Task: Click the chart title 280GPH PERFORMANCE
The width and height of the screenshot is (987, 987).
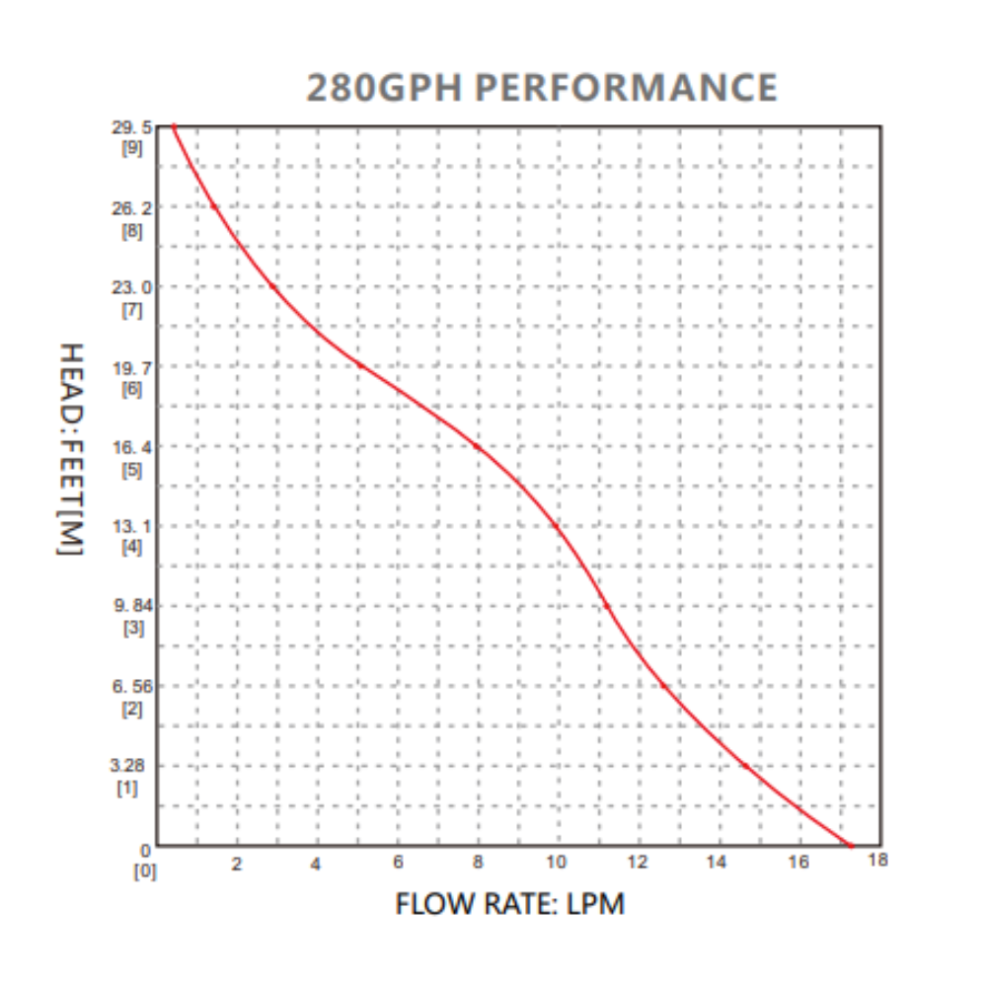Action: [541, 88]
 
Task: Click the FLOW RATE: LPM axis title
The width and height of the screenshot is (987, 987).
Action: [509, 903]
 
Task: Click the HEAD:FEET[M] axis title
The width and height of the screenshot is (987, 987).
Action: [68, 449]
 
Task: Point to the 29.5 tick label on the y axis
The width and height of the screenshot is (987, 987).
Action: [133, 127]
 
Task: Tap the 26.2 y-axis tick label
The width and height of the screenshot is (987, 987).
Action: [133, 208]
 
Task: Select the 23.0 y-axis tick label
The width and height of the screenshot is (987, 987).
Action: [133, 287]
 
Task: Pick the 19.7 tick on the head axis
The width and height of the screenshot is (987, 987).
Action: [133, 367]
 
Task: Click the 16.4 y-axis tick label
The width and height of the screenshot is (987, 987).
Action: [133, 447]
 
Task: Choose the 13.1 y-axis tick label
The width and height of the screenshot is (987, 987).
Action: [133, 526]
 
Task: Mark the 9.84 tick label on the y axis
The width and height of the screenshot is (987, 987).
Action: [133, 606]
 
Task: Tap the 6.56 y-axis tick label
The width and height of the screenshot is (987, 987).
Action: [133, 686]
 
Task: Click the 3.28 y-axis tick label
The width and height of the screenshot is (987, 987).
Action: [133, 765]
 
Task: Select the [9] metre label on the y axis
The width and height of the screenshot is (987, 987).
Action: [131, 149]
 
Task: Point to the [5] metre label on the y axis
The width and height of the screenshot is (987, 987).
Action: [131, 469]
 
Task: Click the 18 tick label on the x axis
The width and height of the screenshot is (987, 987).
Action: [877, 860]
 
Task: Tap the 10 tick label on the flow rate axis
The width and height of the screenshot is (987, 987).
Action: [557, 863]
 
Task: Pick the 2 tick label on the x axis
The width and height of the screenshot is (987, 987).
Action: [236, 865]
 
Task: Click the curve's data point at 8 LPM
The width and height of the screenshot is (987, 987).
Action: [477, 447]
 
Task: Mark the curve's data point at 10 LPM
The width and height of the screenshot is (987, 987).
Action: [557, 526]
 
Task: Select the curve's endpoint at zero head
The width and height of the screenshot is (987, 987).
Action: [850, 845]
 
